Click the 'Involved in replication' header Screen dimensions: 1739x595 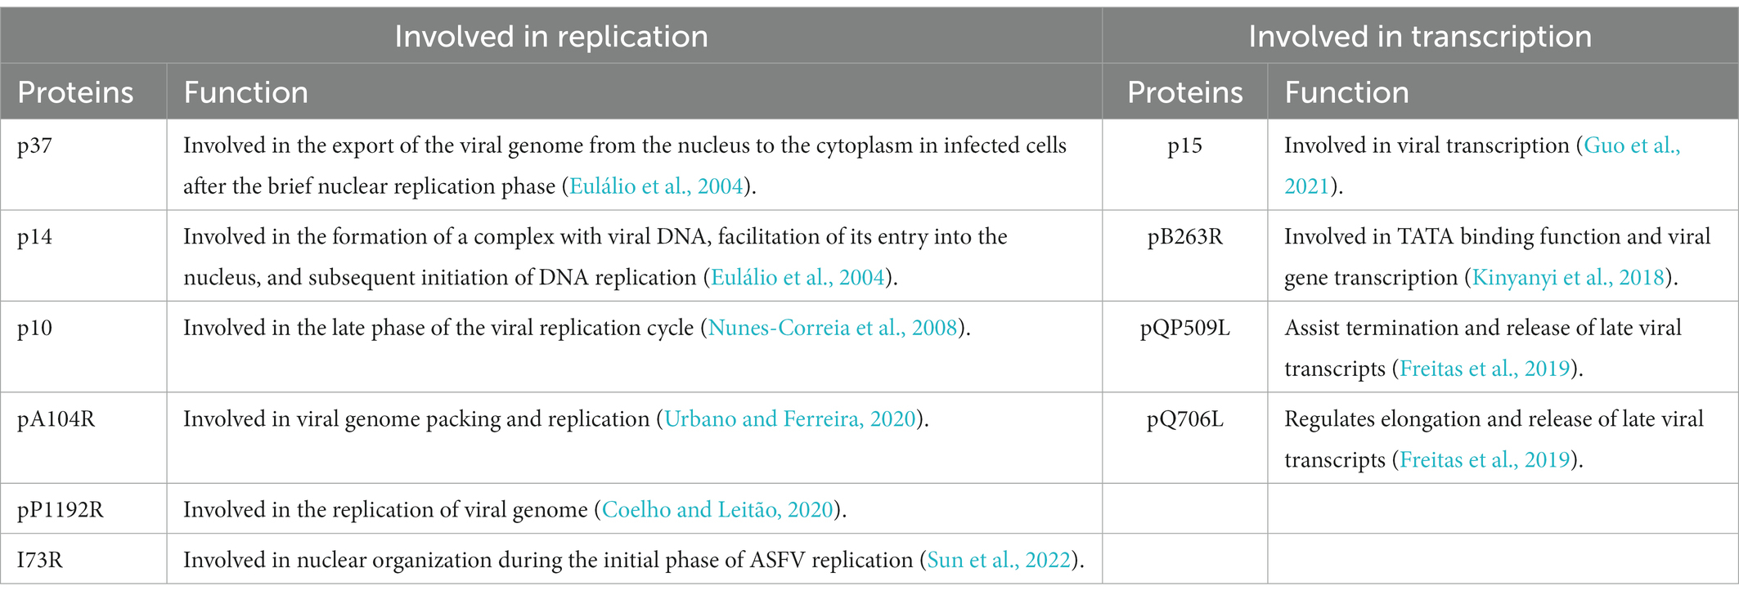click(551, 37)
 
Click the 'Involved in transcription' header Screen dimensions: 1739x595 click(1420, 37)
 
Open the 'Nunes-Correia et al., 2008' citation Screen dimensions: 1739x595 click(833, 329)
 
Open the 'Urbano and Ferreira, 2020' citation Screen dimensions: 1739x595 click(790, 419)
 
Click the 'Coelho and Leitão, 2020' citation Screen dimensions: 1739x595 click(717, 510)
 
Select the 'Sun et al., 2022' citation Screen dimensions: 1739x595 click(999, 560)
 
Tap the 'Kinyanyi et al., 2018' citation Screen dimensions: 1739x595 click(1568, 278)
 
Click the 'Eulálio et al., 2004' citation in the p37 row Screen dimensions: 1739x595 click(656, 186)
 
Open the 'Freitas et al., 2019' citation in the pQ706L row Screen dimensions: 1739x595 click(1485, 460)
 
